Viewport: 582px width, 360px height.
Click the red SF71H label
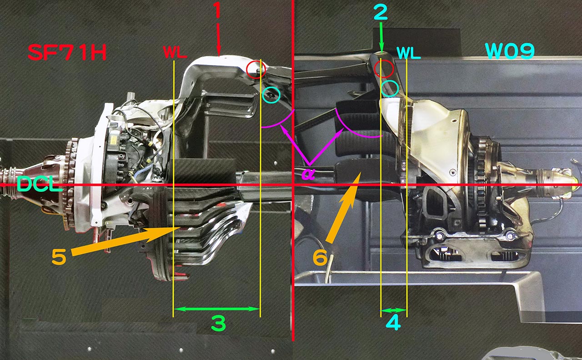pos(67,52)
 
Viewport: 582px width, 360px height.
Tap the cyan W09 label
pos(510,51)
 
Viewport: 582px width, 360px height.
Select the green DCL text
pos(40,185)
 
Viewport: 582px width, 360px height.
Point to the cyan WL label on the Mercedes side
pos(408,53)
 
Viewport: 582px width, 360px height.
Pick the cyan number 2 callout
pos(381,12)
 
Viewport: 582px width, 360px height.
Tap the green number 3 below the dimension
pos(219,323)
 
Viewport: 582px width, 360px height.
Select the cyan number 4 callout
pos(393,323)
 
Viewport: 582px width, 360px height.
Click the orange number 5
pos(59,257)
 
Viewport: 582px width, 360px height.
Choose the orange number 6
pos(320,257)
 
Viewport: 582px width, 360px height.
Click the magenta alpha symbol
pos(308,174)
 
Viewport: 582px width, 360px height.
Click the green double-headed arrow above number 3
pos(217,309)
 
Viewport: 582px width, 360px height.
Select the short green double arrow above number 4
pos(393,310)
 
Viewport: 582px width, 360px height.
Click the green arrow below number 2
pos(381,37)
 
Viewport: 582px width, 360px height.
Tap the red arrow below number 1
pos(218,40)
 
